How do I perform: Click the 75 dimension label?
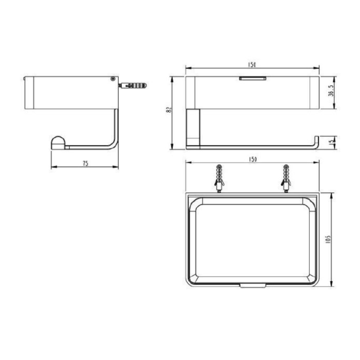pyautogui.click(x=85, y=164)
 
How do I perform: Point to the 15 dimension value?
pyautogui.click(x=330, y=143)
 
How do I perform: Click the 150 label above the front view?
pyautogui.click(x=252, y=65)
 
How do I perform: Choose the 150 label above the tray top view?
pyautogui.click(x=252, y=159)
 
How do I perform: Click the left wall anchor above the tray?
pyautogui.click(x=219, y=178)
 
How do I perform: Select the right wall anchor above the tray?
pyautogui.click(x=286, y=178)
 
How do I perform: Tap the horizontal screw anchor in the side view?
pyautogui.click(x=133, y=85)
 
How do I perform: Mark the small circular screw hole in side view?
pyautogui.click(x=112, y=79)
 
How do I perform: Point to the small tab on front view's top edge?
pyautogui.click(x=252, y=78)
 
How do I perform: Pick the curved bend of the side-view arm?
pyautogui.click(x=113, y=143)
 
